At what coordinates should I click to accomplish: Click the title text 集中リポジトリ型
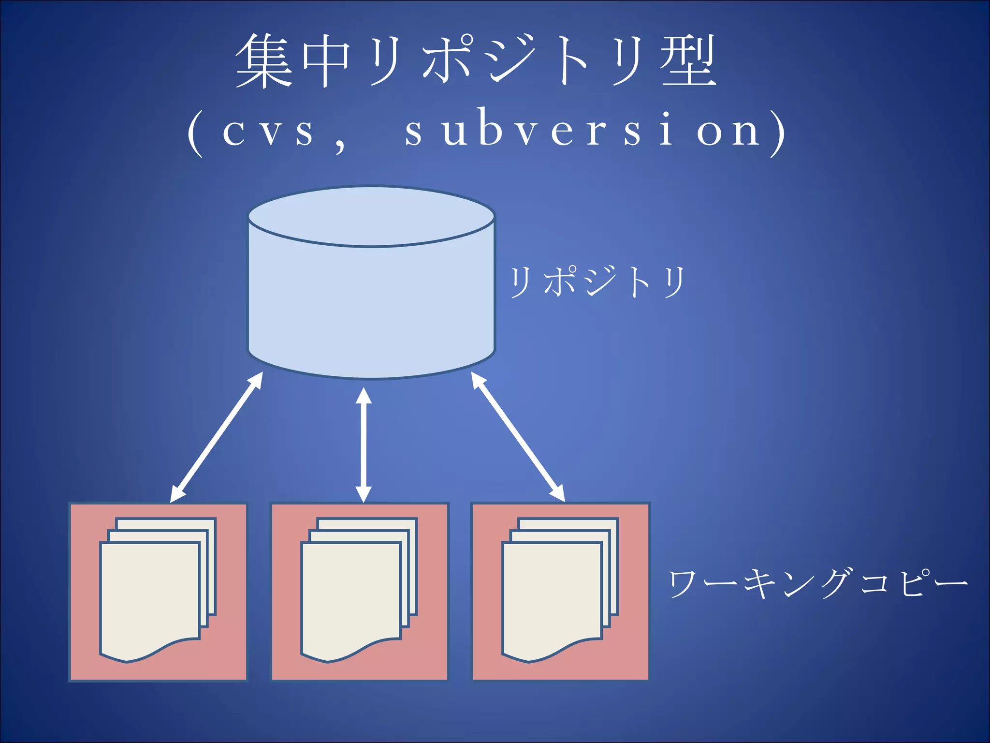coord(476,61)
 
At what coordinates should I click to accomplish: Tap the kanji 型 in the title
coord(688,61)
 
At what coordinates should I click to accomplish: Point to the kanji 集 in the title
coord(264,61)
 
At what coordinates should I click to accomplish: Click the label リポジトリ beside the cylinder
coord(597,282)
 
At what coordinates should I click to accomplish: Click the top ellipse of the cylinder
coord(371,216)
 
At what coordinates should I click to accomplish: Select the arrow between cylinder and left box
coord(217,437)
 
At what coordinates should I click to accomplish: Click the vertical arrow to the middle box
coord(364,445)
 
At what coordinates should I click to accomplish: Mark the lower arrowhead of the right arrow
coord(559,494)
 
